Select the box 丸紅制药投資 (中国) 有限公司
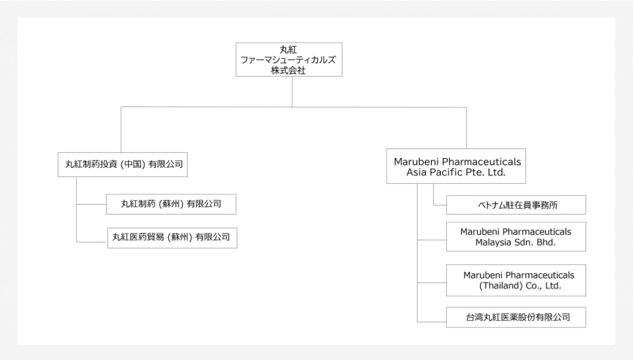pyautogui.click(x=121, y=163)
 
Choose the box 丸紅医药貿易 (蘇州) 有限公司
pyautogui.click(x=169, y=237)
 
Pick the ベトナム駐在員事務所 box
pyautogui.click(x=515, y=205)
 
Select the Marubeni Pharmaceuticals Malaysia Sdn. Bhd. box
pyautogui.click(x=515, y=237)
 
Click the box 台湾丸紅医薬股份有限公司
pyautogui.click(x=515, y=317)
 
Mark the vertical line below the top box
pyautogui.click(x=292, y=92)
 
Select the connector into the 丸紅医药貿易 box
pyautogui.click(x=90, y=241)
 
